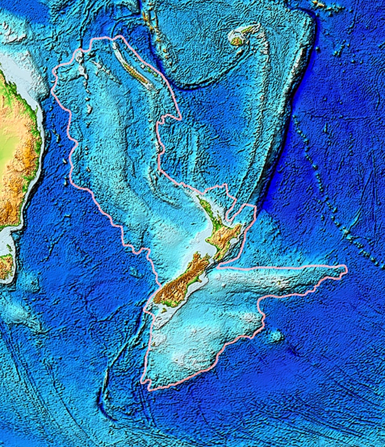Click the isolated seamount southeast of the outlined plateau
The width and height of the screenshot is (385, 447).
point(276,336)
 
